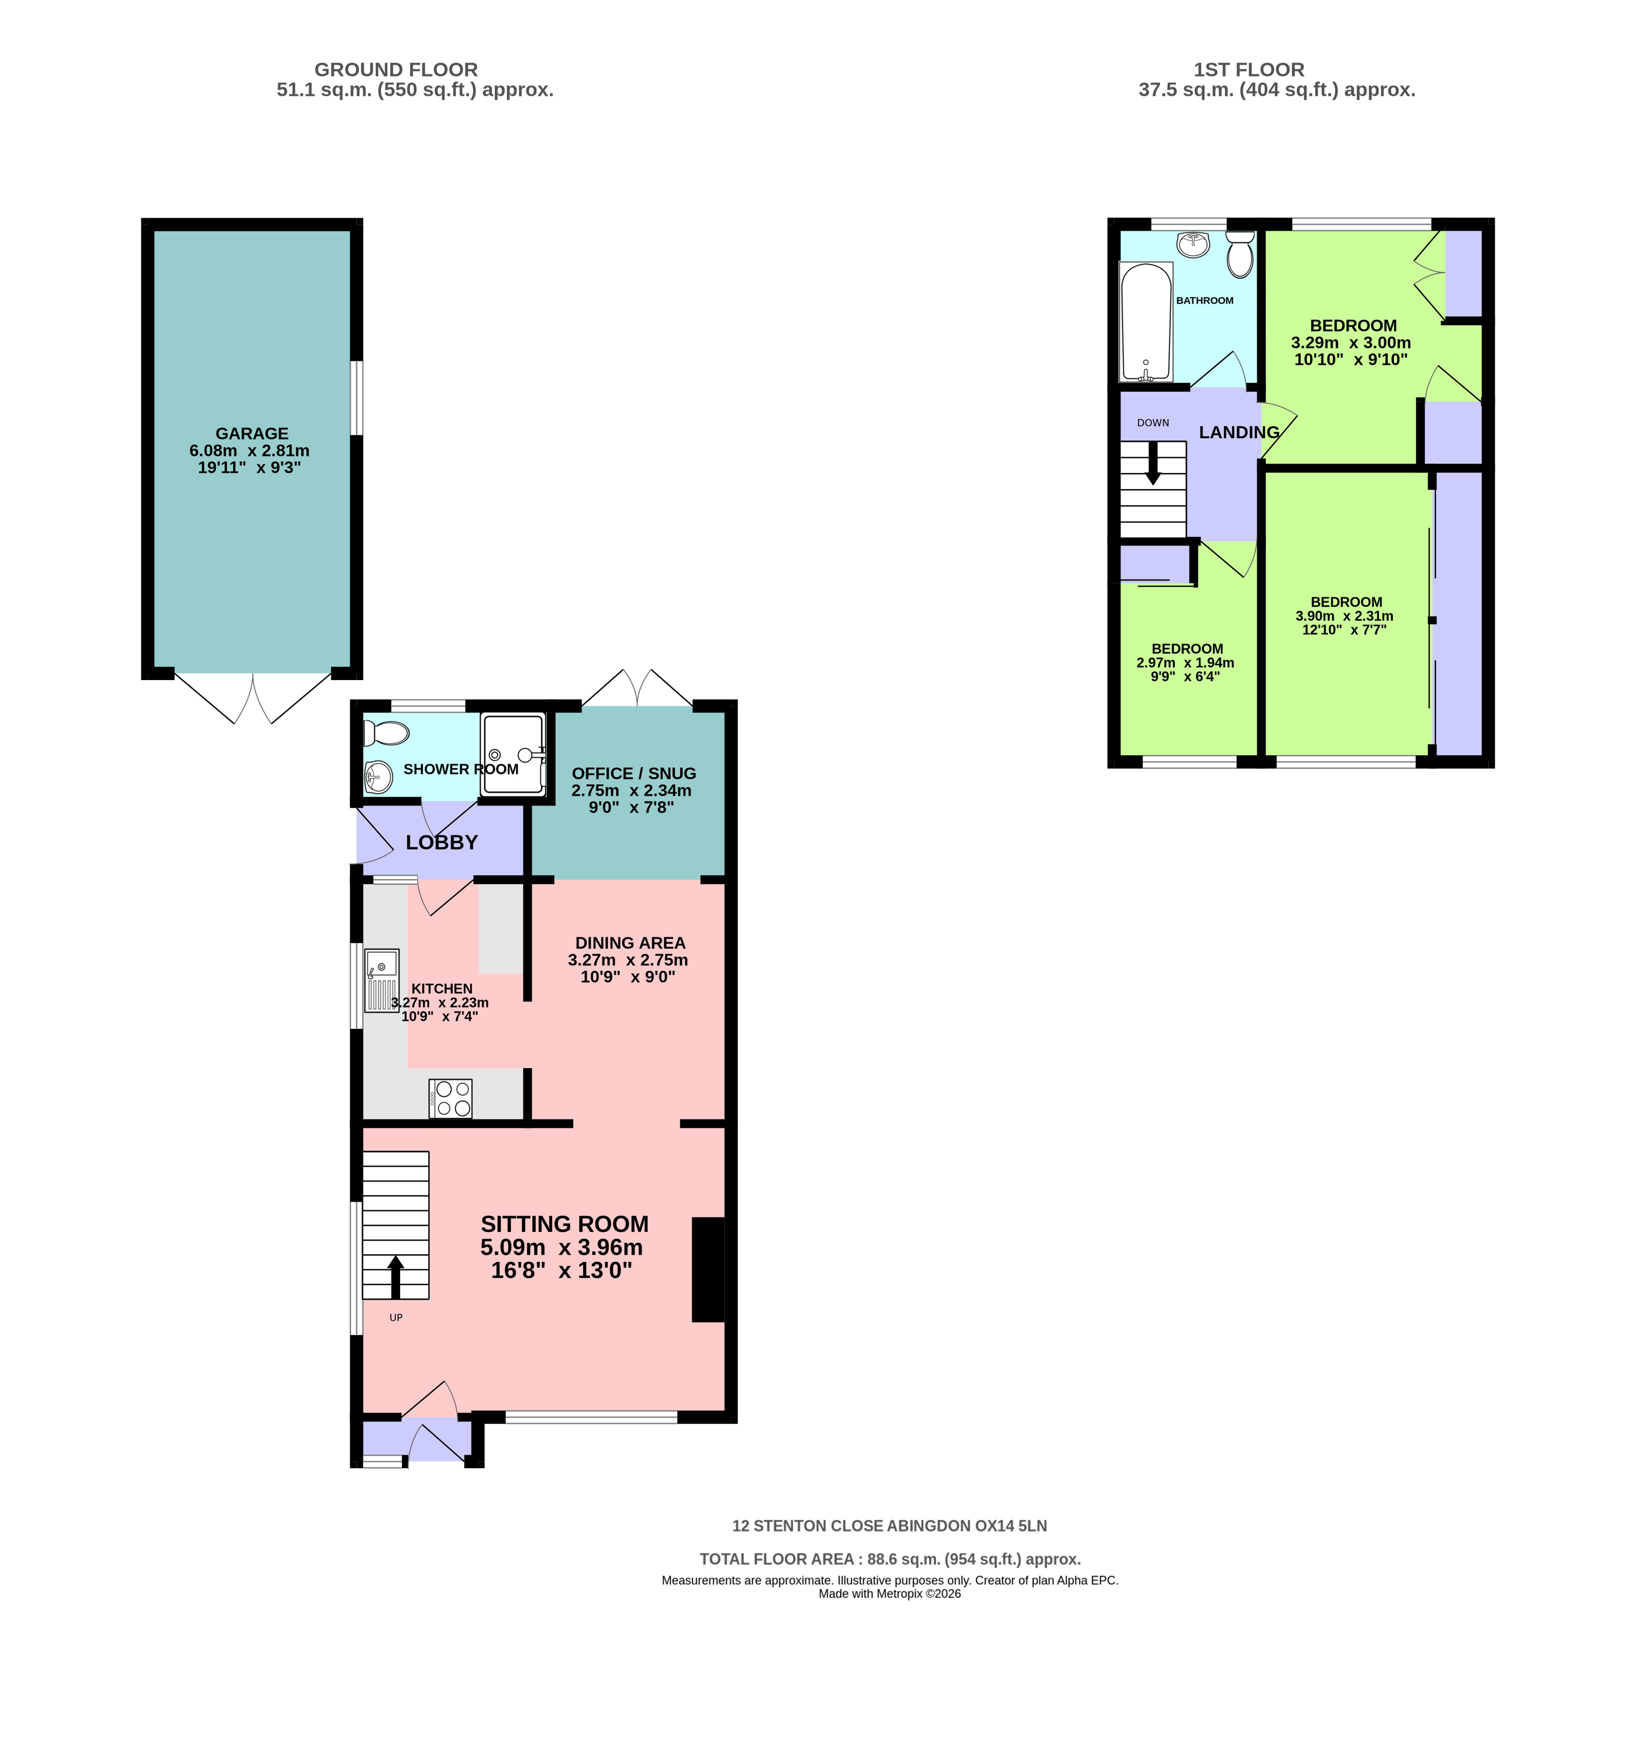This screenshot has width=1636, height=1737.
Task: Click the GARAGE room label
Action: pos(252,433)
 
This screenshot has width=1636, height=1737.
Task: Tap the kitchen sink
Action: pos(382,980)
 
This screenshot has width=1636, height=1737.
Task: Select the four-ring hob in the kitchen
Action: pos(450,1099)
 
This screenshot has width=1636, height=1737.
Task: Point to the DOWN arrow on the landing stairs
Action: pos(1153,463)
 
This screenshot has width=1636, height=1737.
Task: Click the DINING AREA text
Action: pos(630,943)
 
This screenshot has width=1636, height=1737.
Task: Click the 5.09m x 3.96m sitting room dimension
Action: pos(562,1247)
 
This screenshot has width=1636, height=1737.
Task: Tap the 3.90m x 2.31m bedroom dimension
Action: pos(1344,616)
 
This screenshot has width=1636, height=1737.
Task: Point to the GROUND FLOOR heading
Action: pos(396,70)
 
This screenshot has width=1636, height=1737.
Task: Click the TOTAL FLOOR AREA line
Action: pos(890,1559)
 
